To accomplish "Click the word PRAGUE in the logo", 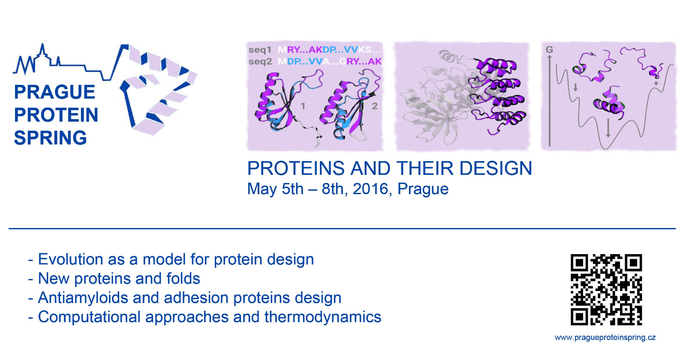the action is [54, 92].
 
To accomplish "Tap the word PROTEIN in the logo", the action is [56, 115].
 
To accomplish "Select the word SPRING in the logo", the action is [51, 138].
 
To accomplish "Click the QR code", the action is [606, 290].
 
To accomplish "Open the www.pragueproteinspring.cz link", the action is [605, 338].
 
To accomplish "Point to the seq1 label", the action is [260, 50].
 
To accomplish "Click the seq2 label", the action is [260, 62].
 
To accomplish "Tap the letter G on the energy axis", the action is [549, 50].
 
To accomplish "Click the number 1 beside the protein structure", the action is [303, 106].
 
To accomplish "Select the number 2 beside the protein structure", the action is [375, 106].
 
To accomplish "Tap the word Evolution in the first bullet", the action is [70, 259].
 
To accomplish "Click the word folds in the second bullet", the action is [183, 279].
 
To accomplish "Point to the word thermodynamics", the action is [323, 317].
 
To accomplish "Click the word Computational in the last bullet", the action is [89, 317].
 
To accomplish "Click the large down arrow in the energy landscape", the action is [608, 127].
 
